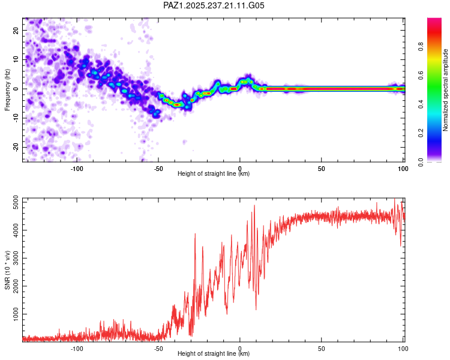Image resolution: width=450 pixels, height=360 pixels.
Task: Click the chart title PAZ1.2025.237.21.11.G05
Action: tap(214, 5)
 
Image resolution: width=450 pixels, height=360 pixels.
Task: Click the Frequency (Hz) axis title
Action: tap(7, 90)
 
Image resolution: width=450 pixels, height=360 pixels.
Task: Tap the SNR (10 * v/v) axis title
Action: tap(7, 270)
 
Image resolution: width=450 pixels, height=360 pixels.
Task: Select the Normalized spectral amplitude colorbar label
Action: tap(445, 90)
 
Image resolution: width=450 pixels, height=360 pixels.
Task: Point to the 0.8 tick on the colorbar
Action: tap(421, 46)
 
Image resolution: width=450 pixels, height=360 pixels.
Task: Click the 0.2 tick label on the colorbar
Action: tap(421, 133)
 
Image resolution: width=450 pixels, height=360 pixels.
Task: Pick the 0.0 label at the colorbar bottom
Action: tap(421, 162)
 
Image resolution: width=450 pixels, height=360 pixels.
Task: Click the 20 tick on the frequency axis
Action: tap(16, 31)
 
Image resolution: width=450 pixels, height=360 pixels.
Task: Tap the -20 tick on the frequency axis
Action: tap(16, 147)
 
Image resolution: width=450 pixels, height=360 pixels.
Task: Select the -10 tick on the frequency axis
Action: tap(16, 118)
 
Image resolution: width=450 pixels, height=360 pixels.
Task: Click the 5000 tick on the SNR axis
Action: tap(16, 202)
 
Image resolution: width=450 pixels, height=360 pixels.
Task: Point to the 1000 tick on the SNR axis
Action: tap(16, 314)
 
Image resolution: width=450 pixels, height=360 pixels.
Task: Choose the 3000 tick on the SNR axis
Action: tap(16, 258)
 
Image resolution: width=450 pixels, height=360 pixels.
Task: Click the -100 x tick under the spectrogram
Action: tap(77, 169)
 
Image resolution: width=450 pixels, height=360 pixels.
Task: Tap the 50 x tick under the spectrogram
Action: tap(322, 169)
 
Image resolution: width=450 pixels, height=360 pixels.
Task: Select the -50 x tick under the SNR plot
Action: tap(158, 349)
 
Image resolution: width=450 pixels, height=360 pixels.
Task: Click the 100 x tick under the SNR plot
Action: tap(403, 349)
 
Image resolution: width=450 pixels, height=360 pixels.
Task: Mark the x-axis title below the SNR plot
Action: tap(214, 353)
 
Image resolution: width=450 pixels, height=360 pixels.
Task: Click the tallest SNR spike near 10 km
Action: tap(254, 205)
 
